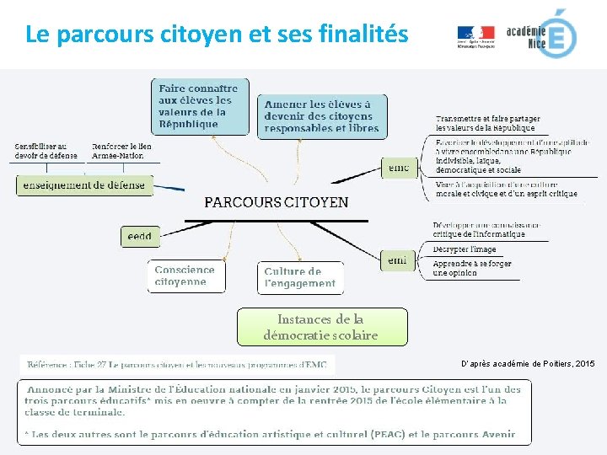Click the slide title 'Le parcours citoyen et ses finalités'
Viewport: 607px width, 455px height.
(x=217, y=35)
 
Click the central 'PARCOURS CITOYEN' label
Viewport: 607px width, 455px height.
(x=277, y=202)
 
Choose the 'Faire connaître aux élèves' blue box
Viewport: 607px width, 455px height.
(x=198, y=106)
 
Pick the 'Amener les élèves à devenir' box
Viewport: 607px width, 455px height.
(x=321, y=116)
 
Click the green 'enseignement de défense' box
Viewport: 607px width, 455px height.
(x=84, y=185)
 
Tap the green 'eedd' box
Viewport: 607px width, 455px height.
(x=140, y=237)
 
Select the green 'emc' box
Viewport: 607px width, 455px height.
(x=398, y=168)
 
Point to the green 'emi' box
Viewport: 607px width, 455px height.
(x=398, y=260)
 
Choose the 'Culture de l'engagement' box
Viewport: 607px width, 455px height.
(x=300, y=278)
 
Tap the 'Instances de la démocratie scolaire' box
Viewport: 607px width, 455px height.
(x=321, y=327)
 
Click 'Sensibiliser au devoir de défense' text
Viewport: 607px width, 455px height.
(x=46, y=151)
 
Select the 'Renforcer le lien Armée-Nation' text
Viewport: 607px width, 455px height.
(x=122, y=151)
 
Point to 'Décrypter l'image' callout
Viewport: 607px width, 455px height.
(x=465, y=249)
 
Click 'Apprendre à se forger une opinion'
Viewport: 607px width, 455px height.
(x=472, y=268)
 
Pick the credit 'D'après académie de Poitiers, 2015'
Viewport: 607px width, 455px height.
(x=528, y=363)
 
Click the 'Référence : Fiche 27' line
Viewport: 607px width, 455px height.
(x=177, y=365)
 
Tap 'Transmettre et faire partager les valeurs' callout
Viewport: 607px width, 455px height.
(x=487, y=123)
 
